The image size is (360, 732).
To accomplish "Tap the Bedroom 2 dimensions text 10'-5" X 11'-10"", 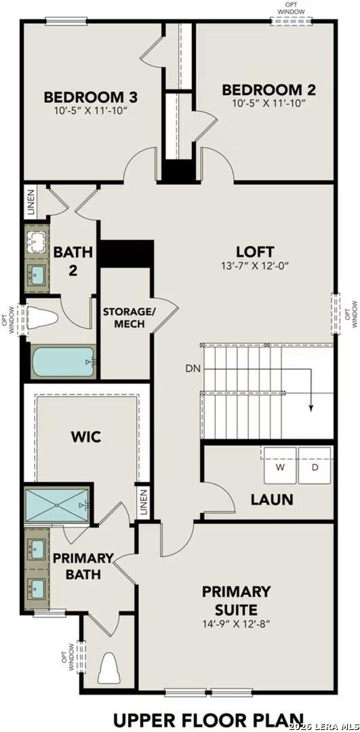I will tap(268, 103).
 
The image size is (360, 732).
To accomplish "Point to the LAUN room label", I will tap(272, 500).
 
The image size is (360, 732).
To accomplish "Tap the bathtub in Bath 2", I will tap(62, 363).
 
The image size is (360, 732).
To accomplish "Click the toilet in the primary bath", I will tap(108, 669).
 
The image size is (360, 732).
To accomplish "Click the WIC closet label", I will tap(86, 436).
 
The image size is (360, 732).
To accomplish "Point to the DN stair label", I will tap(193, 369).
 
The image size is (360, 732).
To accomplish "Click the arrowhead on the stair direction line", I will tap(311, 408).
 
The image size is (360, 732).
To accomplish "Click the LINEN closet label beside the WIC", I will tap(143, 504).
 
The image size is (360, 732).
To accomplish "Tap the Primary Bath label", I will tap(83, 566).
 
